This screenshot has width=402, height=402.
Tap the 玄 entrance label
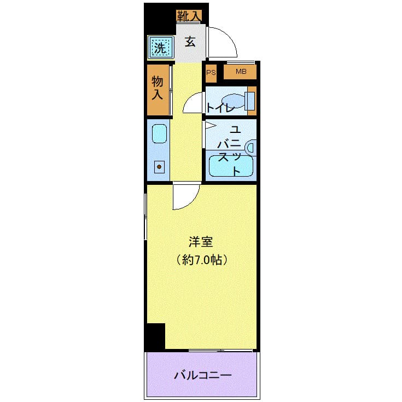[x=190, y=42]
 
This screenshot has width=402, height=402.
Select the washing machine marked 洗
[x=160, y=48]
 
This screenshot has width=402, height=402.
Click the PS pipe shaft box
[x=211, y=72]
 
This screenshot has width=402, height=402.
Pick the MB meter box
[x=241, y=72]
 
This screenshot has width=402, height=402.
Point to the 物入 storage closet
[x=158, y=89]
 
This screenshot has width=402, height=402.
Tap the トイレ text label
[x=220, y=108]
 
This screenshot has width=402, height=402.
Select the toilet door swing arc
[x=193, y=103]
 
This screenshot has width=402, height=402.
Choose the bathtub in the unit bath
[x=229, y=166]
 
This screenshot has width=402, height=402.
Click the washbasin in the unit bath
[x=250, y=147]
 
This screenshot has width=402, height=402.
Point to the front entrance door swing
[x=223, y=43]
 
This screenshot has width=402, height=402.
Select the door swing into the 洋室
[x=185, y=197]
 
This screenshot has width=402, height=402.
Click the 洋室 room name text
[x=201, y=242]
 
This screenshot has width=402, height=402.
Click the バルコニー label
[x=203, y=376]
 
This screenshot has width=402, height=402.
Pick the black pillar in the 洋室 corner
[x=155, y=336]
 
